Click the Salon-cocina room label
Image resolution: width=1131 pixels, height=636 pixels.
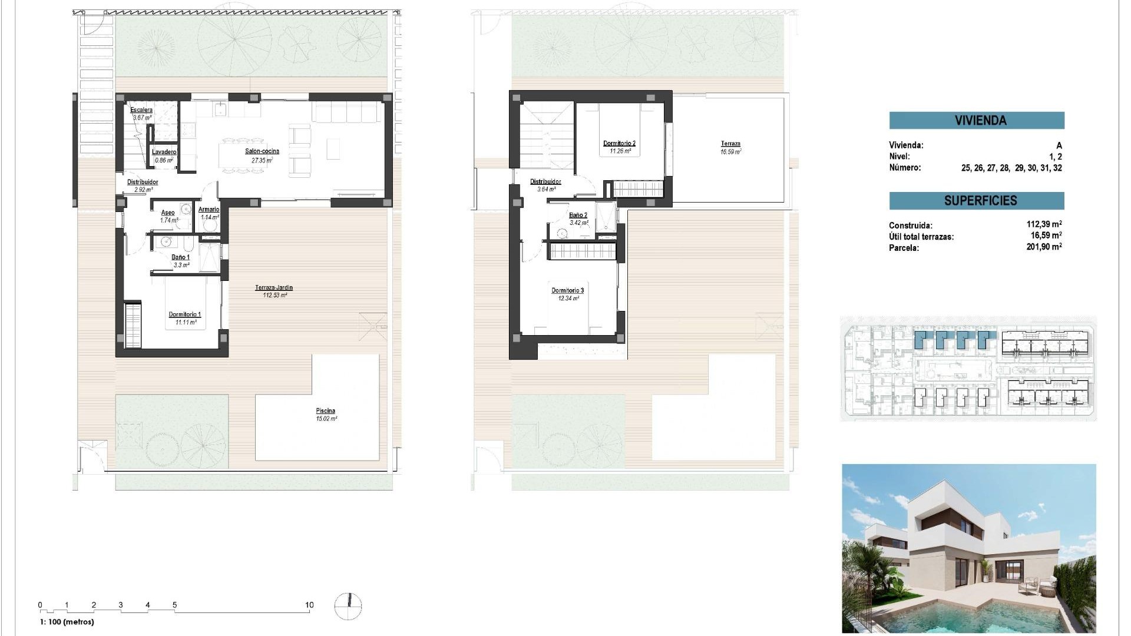262,151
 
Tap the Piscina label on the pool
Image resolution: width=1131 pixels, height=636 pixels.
325,411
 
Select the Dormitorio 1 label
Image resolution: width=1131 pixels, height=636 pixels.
184,314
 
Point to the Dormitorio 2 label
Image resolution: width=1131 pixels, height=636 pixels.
619,143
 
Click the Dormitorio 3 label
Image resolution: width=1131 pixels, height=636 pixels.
567,290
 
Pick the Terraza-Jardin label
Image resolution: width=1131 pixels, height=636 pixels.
274,288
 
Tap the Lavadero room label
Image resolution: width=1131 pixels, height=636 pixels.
164,152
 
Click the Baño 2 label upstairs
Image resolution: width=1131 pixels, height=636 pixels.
578,216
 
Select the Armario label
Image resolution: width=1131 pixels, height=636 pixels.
209,210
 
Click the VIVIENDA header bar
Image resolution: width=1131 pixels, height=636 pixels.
977,121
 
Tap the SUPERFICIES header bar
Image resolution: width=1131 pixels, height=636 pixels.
977,201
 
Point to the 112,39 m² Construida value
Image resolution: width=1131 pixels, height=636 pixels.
1044,224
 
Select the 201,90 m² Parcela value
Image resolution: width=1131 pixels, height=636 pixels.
1044,247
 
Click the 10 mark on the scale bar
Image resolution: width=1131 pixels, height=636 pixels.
309,605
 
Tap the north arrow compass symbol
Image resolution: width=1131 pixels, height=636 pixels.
348,607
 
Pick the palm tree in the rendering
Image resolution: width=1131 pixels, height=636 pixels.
867,565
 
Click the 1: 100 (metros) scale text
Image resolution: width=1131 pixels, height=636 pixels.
67,622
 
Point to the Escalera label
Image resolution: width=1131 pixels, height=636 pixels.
141,110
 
